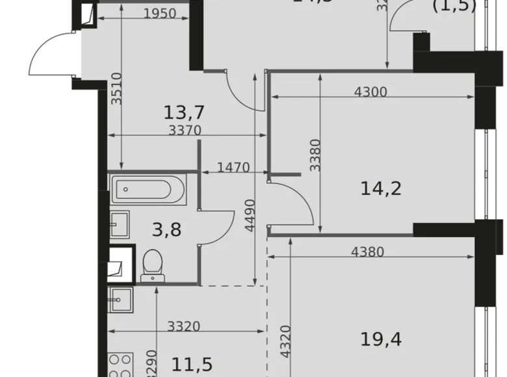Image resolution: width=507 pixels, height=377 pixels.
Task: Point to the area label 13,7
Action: [x=181, y=114]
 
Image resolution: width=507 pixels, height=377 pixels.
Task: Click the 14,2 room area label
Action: [x=381, y=188]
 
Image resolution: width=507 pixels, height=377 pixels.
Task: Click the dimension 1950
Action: [x=159, y=14]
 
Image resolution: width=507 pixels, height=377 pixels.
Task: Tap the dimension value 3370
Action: [x=185, y=130]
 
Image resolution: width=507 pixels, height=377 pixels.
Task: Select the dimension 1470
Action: [x=233, y=168]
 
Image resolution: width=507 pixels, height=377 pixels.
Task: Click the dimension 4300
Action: [x=370, y=92]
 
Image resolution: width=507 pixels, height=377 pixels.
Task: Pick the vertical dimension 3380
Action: [x=315, y=154]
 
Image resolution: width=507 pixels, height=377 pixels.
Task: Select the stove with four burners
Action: [x=121, y=365]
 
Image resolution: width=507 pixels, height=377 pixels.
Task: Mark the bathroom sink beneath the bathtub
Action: [x=120, y=226]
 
